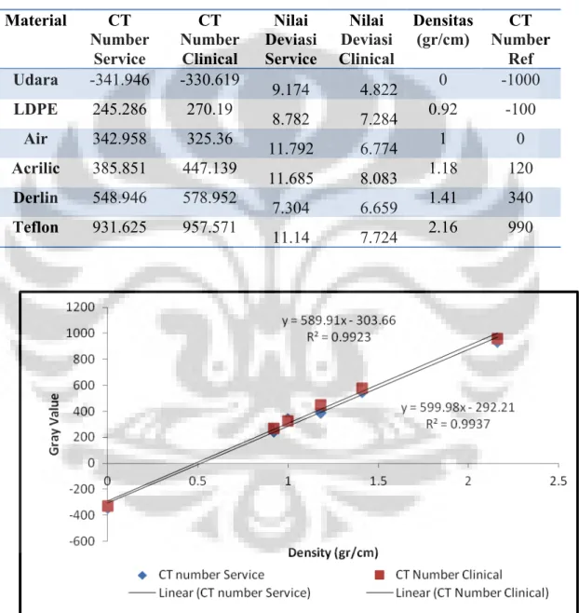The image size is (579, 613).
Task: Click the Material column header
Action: click(x=35, y=20)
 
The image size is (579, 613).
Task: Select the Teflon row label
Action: click(x=35, y=227)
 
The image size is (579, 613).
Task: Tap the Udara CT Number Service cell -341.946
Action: click(x=119, y=80)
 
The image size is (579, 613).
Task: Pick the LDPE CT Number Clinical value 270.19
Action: click(x=209, y=109)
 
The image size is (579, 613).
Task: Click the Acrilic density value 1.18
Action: click(x=443, y=168)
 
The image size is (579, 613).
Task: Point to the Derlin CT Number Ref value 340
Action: click(x=520, y=198)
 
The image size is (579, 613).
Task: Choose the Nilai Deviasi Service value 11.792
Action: click(x=291, y=149)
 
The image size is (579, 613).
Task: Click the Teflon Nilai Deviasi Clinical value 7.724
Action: click(x=379, y=238)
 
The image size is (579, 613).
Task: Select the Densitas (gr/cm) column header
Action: click(x=443, y=30)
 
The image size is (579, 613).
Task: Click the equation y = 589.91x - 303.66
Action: click(x=339, y=320)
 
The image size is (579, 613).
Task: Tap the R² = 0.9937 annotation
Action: click(x=457, y=424)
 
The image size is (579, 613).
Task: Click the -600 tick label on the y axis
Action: click(x=82, y=541)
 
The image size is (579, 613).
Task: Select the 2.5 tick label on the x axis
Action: click(x=558, y=481)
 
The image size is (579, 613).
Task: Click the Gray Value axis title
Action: click(x=54, y=425)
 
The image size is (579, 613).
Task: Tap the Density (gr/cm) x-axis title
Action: click(x=333, y=552)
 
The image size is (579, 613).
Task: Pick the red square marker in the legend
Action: click(x=379, y=575)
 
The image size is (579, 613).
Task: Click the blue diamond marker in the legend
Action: click(x=142, y=575)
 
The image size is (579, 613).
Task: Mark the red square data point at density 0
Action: click(x=107, y=506)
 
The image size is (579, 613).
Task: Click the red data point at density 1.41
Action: click(x=362, y=388)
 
